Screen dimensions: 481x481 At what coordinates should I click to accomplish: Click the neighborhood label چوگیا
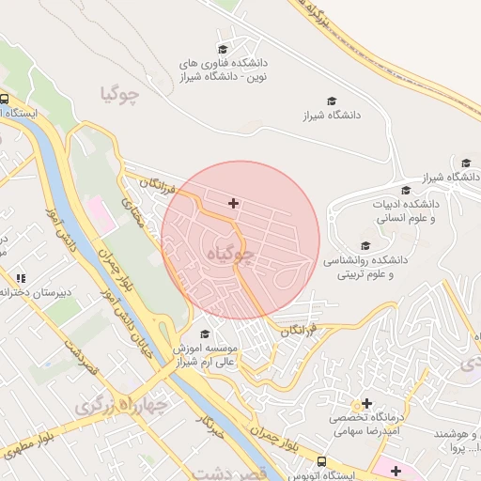pos(123,94)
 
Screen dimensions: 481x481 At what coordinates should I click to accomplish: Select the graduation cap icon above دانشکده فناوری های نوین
pos(223,49)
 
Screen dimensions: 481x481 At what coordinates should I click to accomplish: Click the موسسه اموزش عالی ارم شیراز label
pos(207,355)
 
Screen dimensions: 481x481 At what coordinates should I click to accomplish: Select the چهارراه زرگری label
pos(117,405)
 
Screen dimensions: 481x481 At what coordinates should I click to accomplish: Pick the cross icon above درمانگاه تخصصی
pos(367,403)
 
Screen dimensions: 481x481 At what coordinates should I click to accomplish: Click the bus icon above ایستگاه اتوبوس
pos(321,462)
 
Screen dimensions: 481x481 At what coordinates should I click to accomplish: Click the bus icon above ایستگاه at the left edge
pos(4,99)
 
